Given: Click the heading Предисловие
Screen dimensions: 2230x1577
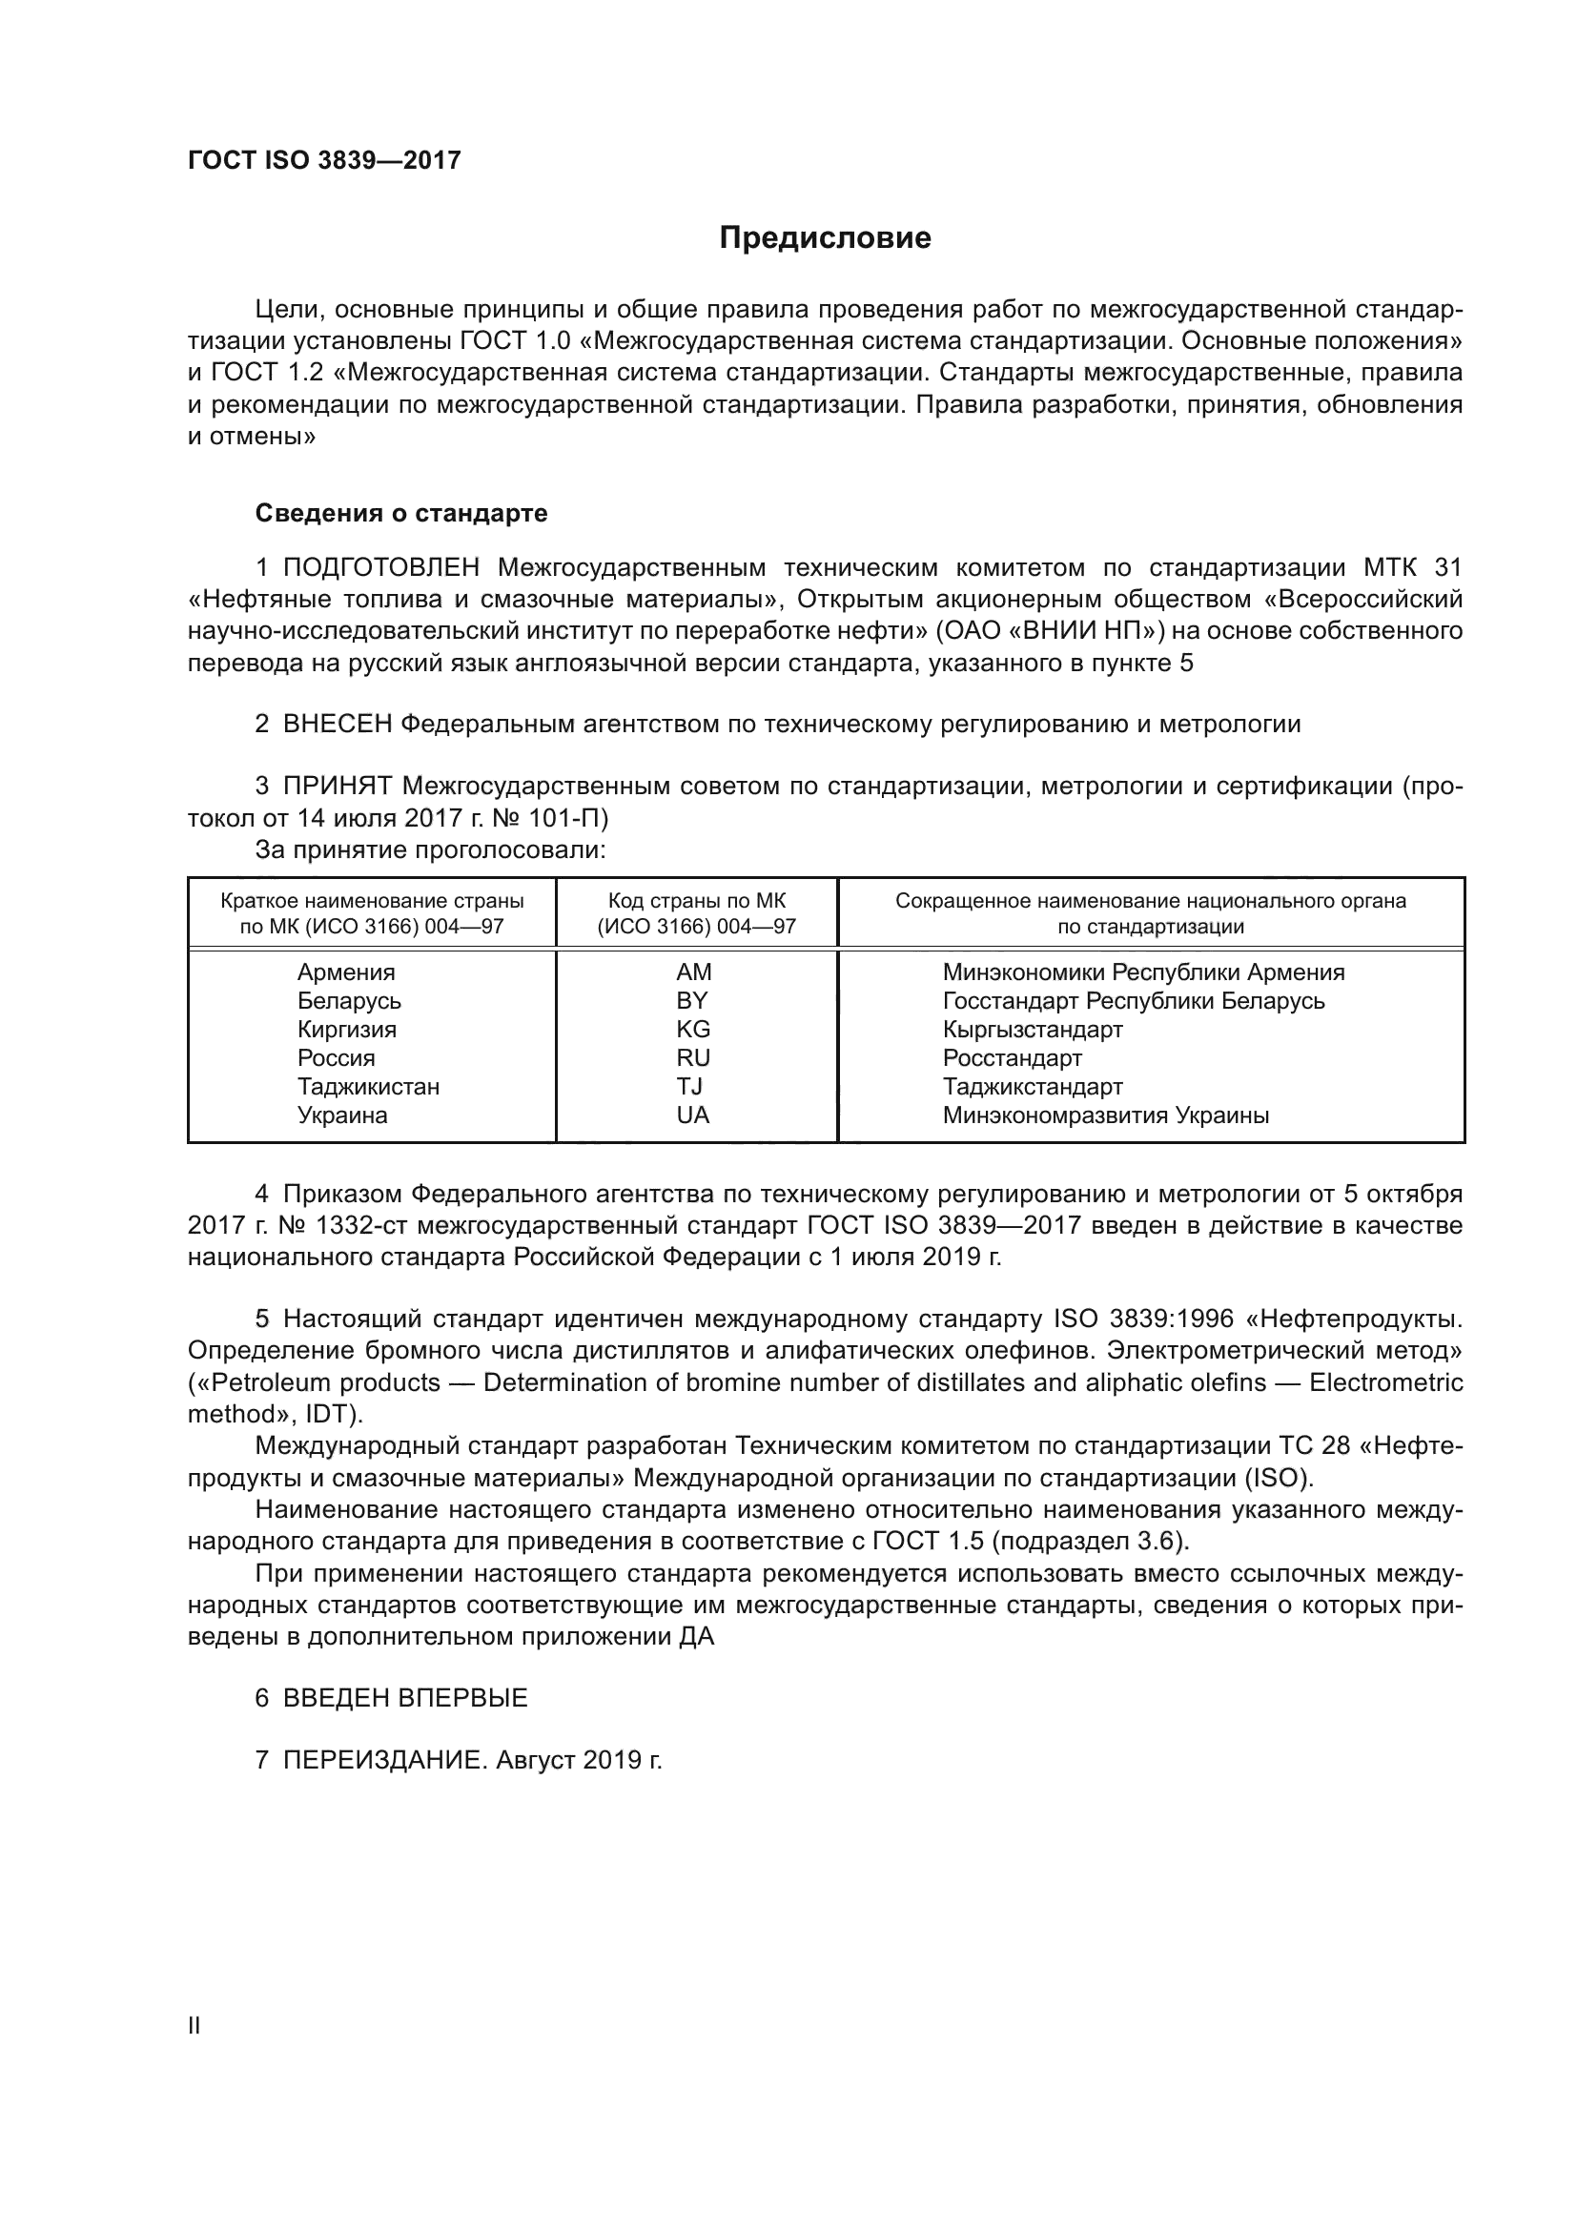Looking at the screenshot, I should pos(825,238).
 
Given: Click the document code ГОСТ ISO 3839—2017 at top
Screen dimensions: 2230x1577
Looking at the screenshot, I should pos(323,160).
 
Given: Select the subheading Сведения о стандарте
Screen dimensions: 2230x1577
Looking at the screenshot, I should pos(401,513).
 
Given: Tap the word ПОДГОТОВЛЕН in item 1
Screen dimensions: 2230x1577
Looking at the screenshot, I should pos(381,567).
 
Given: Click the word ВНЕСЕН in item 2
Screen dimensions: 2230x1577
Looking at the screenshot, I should pos(337,724).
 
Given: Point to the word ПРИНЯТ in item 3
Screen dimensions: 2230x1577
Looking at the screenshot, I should pos(337,786).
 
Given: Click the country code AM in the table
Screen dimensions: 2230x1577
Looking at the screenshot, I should pos(693,972).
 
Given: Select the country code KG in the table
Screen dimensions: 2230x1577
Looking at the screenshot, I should pos(693,1030).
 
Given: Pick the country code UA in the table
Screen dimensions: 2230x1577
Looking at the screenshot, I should pos(693,1115).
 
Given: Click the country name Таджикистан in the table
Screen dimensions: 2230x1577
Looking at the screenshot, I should pos(368,1087).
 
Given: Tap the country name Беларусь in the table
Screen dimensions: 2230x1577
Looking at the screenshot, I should pos(349,1001).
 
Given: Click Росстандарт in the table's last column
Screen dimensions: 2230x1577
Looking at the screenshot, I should pos(1011,1058).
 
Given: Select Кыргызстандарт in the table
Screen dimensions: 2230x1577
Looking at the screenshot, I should pos(1033,1030).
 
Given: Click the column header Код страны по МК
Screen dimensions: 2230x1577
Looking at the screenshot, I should pos(696,901).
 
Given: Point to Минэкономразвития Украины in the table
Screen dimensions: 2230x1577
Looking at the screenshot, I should pos(1105,1115).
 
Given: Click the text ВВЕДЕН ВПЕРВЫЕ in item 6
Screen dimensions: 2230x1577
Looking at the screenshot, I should pos(405,1698).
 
